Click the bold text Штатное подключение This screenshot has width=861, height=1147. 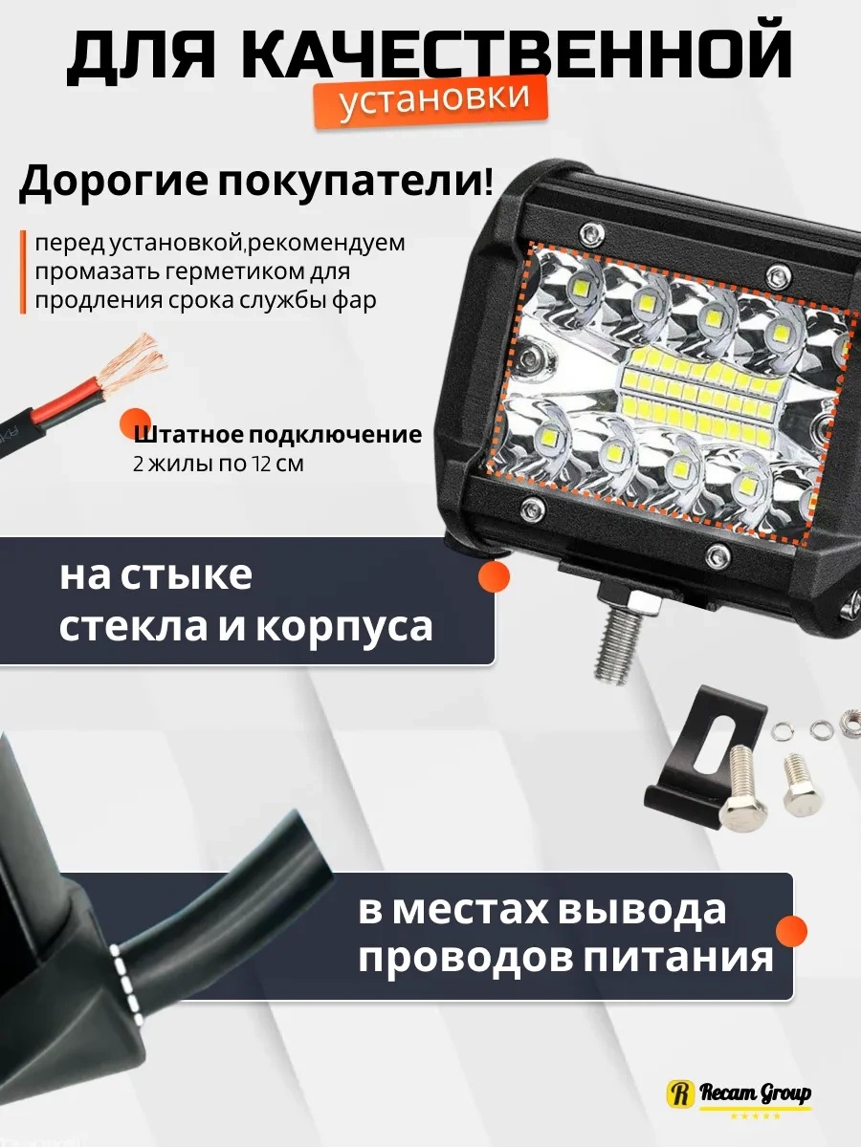tap(277, 435)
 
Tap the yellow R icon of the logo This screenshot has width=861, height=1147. tap(680, 1093)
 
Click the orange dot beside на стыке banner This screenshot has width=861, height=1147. tap(494, 576)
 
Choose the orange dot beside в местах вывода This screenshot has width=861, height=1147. tap(790, 932)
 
